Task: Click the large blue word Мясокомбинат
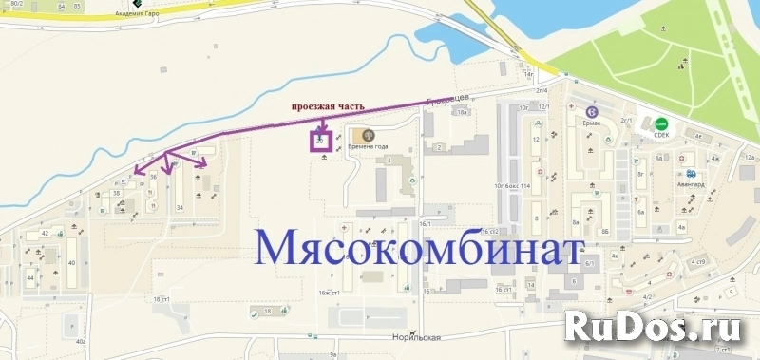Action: coord(418,249)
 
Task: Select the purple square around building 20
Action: coord(320,142)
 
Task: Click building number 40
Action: coord(71,264)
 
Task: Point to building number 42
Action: coord(45,233)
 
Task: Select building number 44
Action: coord(30,276)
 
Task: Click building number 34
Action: coord(180,206)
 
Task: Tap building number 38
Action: coord(116,193)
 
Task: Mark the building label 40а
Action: coord(81,341)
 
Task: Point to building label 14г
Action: coord(529,72)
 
